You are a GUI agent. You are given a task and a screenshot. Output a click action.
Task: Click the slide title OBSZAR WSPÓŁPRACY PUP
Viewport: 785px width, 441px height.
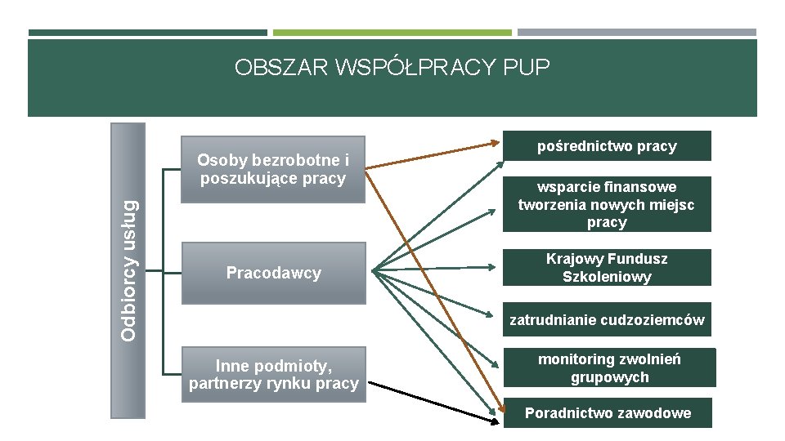coord(392,67)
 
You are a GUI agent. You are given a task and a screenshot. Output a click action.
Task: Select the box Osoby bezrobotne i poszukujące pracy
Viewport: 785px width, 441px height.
coord(272,169)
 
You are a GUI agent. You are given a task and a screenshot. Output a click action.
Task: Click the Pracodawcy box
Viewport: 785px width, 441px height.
coord(273,273)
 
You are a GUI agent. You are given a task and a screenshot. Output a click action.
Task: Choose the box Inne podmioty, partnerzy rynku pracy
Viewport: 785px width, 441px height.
coord(273,374)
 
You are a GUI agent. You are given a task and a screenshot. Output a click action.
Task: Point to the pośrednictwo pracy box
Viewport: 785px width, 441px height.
coord(607,146)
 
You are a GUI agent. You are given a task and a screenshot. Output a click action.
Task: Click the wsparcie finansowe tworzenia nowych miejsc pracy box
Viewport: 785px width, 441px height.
coord(607,204)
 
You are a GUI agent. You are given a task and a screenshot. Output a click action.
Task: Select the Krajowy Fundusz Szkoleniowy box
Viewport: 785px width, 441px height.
coord(607,268)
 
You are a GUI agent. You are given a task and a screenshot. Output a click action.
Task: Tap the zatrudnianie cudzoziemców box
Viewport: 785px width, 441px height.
coord(607,320)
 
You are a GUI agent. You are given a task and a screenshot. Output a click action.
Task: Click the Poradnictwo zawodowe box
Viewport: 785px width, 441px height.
coord(607,413)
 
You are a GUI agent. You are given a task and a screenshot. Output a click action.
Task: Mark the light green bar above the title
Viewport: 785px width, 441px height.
coord(392,33)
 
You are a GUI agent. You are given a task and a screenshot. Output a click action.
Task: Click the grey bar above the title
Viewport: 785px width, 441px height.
coord(636,33)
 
